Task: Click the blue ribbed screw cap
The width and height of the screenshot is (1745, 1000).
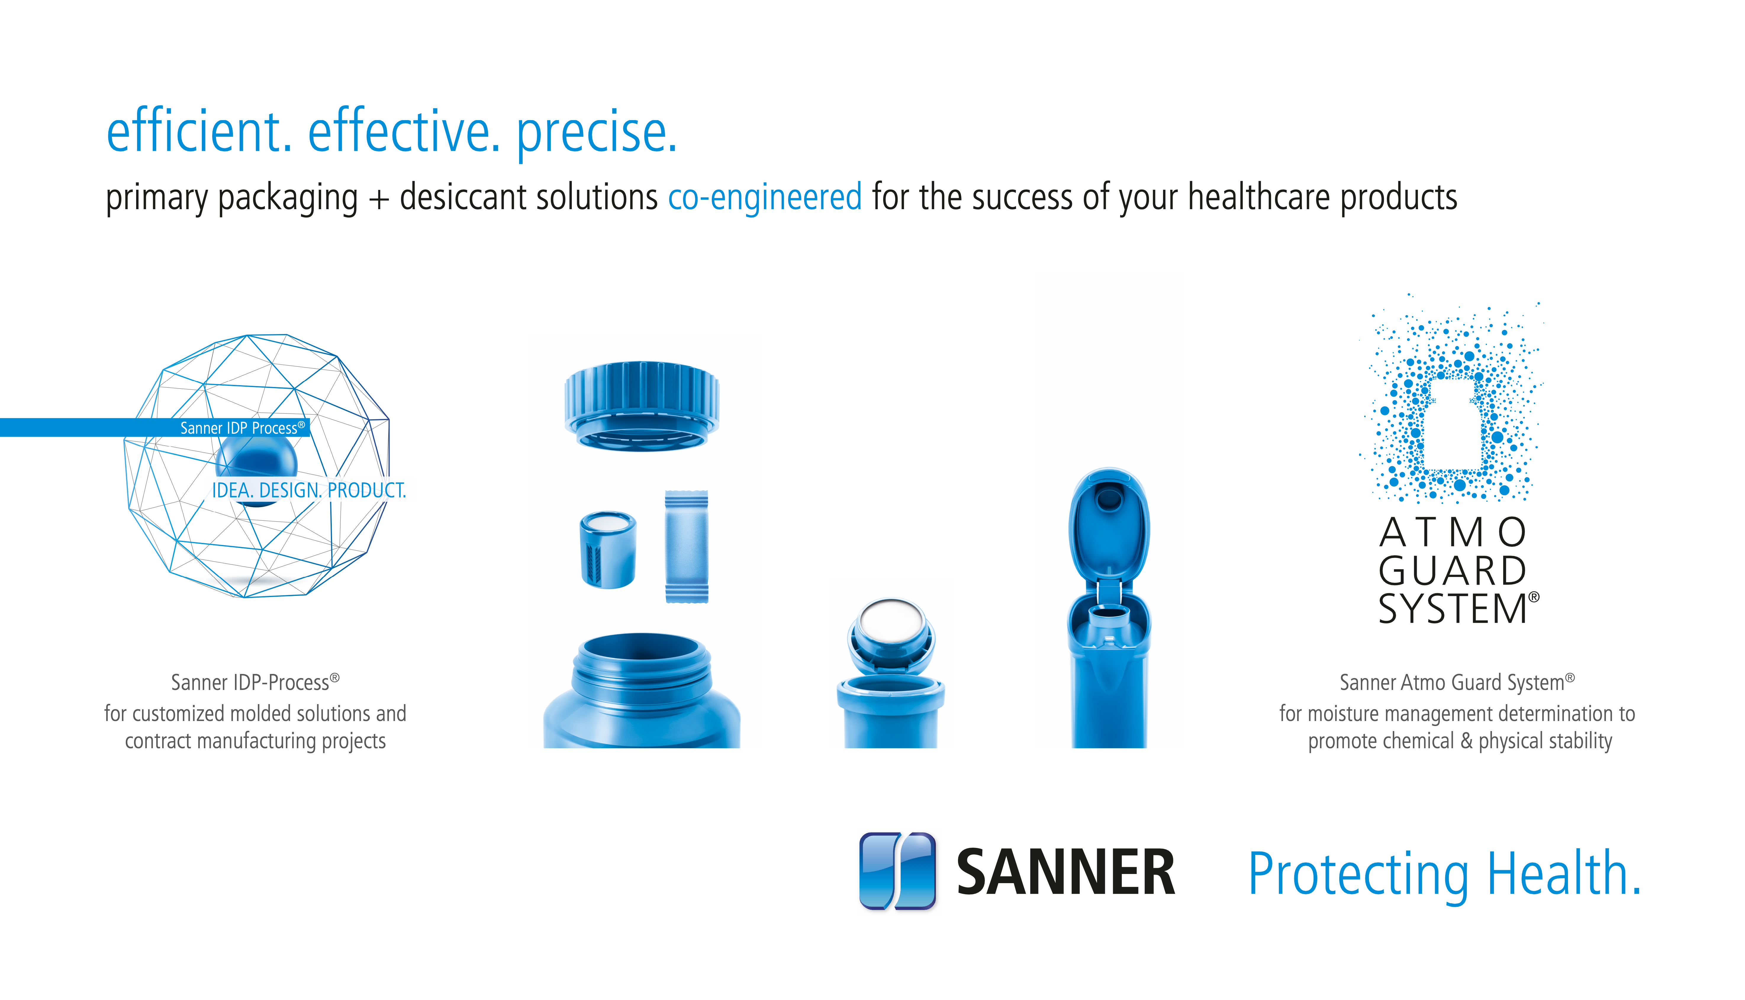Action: click(642, 405)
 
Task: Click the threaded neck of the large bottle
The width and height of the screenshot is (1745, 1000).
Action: click(642, 670)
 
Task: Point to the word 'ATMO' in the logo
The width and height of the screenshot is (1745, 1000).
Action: click(1452, 533)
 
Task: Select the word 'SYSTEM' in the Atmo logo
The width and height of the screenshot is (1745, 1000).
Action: click(1452, 609)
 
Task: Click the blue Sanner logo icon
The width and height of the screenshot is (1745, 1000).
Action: click(897, 871)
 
